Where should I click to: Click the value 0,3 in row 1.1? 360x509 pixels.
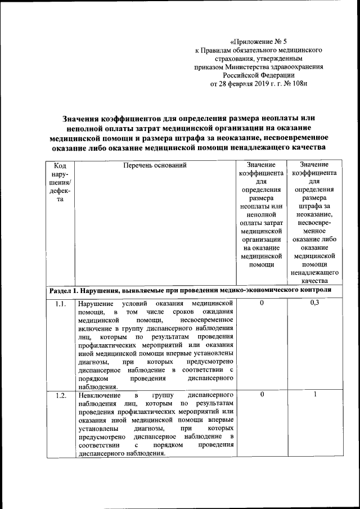314,304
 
